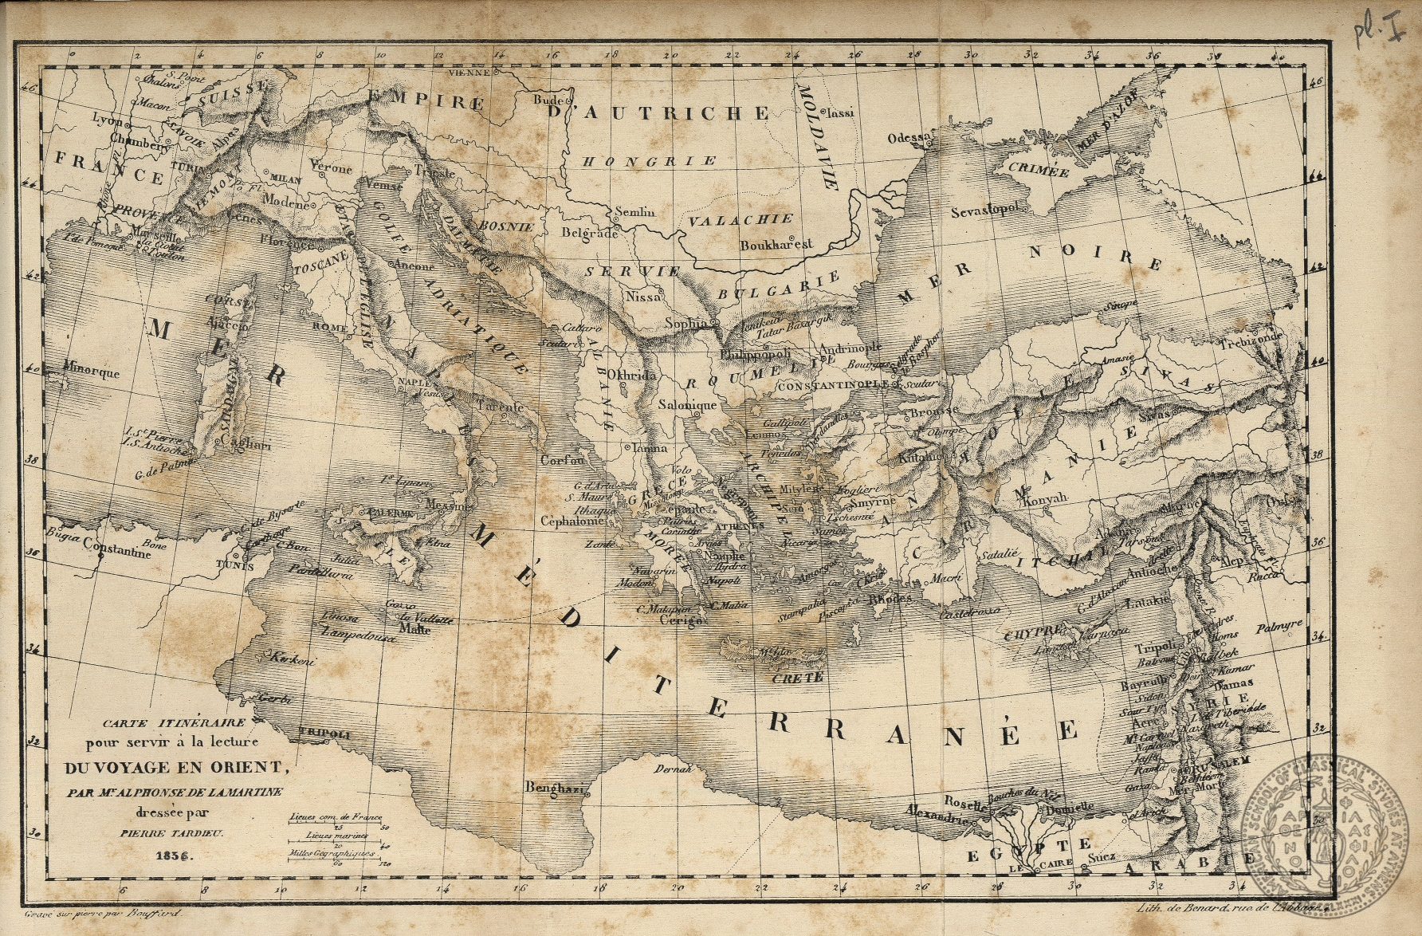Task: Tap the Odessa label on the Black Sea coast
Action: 909,138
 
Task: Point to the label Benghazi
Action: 556,789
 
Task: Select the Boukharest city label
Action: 776,245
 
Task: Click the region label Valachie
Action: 741,219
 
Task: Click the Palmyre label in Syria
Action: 1279,627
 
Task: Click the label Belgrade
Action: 590,234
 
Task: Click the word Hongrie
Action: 649,161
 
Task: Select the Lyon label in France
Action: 108,120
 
